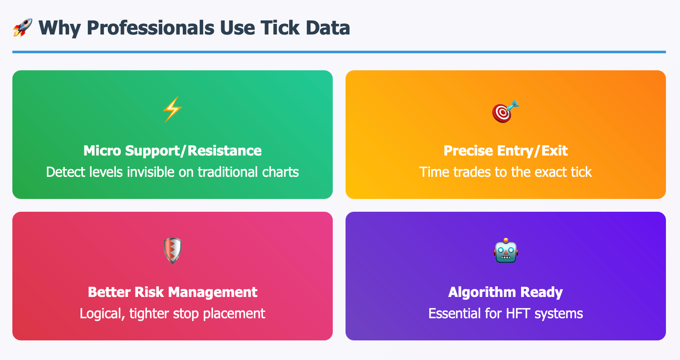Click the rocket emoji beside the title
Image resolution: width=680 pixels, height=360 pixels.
[23, 28]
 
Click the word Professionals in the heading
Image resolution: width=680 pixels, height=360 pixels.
[150, 28]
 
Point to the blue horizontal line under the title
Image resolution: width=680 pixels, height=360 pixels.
[339, 52]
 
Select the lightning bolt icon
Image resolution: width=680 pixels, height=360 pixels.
[173, 109]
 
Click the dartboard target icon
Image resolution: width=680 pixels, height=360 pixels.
[505, 111]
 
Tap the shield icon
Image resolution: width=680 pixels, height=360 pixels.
[173, 251]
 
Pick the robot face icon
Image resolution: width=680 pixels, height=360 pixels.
[506, 251]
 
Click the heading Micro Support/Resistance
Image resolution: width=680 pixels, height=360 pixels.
[173, 151]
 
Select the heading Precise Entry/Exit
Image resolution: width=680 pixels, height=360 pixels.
[506, 151]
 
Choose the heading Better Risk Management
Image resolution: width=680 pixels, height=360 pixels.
[173, 292]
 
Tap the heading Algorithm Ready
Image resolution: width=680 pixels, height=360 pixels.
[506, 292]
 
